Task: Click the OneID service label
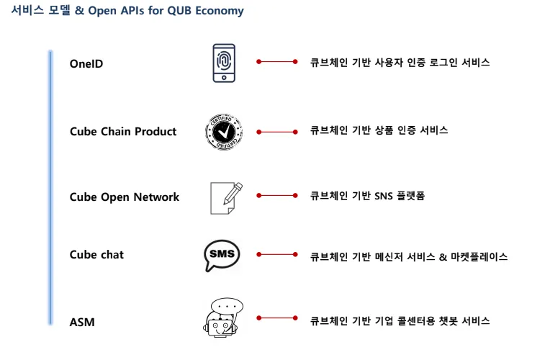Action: pyautogui.click(x=86, y=63)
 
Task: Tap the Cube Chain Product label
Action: pyautogui.click(x=123, y=131)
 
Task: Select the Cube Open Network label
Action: pyautogui.click(x=125, y=197)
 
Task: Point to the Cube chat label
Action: pyautogui.click(x=96, y=254)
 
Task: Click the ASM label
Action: pyautogui.click(x=82, y=322)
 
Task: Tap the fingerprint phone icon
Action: pyautogui.click(x=224, y=63)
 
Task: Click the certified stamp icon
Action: pyautogui.click(x=224, y=132)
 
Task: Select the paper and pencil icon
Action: pyautogui.click(x=226, y=198)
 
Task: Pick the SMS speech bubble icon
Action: pyautogui.click(x=222, y=255)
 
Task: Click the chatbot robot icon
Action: pyautogui.click(x=222, y=318)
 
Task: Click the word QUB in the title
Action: pyautogui.click(x=179, y=11)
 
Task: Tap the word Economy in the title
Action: pyautogui.click(x=220, y=11)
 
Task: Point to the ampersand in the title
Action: pyautogui.click(x=80, y=10)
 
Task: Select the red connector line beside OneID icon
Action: pyautogui.click(x=277, y=61)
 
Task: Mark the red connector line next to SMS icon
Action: pyautogui.click(x=277, y=254)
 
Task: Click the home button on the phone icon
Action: pyautogui.click(x=224, y=78)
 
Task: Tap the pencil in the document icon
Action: pyautogui.click(x=233, y=193)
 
